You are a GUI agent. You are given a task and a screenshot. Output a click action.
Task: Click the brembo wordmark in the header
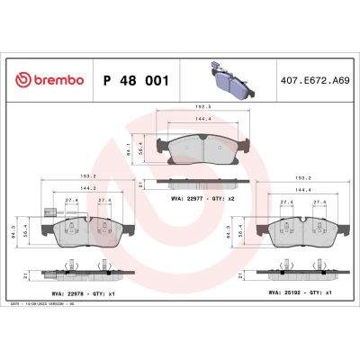(x=57, y=80)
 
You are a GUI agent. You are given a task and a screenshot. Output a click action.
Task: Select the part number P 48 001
(x=136, y=80)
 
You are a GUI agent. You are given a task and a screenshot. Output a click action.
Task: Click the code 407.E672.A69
(x=314, y=80)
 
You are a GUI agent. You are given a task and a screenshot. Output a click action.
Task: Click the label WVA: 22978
(x=61, y=292)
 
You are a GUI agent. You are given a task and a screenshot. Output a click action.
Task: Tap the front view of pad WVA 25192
(x=303, y=234)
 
